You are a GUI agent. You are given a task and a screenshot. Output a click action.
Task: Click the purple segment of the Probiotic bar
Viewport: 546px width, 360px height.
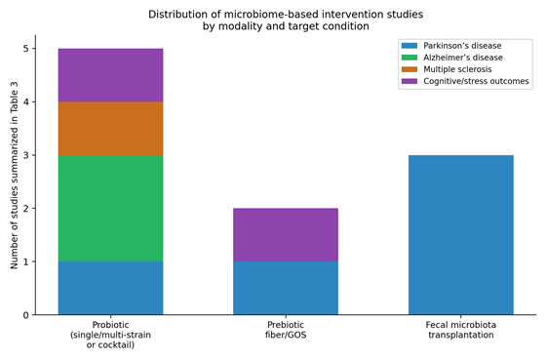click(x=110, y=75)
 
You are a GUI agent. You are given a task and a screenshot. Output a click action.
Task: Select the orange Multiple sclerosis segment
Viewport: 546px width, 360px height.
click(x=110, y=128)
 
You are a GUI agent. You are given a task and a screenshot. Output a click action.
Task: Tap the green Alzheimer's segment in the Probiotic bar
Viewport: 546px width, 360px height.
click(x=110, y=209)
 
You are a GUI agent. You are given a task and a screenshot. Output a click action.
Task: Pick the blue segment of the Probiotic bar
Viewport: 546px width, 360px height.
click(x=110, y=288)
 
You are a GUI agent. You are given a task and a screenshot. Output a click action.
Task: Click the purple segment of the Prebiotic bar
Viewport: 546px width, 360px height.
click(x=286, y=235)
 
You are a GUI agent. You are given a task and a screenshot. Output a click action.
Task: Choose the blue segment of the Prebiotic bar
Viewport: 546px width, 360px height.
click(x=286, y=288)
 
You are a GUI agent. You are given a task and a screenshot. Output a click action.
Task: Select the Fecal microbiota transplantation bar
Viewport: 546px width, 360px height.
click(x=460, y=235)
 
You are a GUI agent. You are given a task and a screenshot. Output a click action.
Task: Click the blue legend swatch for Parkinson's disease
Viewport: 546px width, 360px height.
click(x=409, y=46)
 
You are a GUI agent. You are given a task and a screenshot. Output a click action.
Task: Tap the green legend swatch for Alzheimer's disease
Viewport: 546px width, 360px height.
click(x=409, y=58)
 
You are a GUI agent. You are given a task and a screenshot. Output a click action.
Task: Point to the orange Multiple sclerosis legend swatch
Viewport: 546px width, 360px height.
click(x=409, y=69)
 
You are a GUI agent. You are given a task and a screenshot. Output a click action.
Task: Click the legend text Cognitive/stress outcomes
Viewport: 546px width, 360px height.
click(x=476, y=81)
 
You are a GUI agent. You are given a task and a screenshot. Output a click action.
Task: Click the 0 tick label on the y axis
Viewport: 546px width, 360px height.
click(x=26, y=315)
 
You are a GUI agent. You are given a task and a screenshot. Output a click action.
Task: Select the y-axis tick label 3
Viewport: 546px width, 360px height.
click(x=26, y=155)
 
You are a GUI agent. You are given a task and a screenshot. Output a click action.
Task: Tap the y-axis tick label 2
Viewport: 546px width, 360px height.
click(x=26, y=209)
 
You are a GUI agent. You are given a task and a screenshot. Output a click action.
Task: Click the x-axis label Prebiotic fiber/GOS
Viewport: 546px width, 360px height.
click(x=286, y=330)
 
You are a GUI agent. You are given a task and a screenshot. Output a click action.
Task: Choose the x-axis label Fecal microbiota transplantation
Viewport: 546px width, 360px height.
click(x=460, y=330)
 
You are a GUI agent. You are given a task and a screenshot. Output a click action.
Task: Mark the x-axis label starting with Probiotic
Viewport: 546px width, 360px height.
click(x=110, y=335)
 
